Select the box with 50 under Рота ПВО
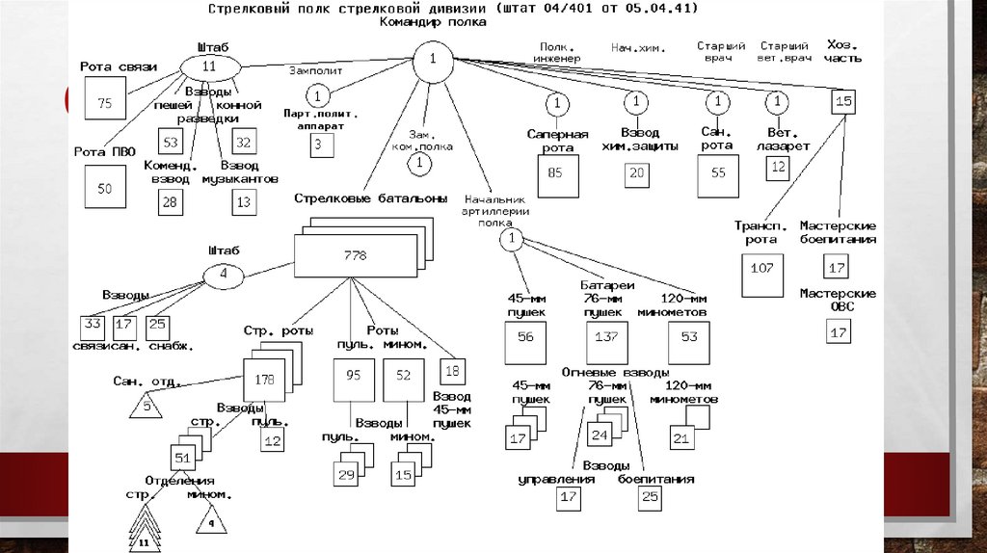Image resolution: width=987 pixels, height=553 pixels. point(105,188)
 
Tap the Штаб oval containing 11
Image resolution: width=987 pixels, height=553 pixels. point(208,66)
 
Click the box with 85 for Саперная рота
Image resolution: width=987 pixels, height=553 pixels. point(555,173)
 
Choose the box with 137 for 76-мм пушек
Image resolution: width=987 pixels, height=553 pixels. point(605,337)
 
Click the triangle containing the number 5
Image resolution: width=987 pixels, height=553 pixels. point(147,405)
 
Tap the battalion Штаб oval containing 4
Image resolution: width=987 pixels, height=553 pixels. point(224,274)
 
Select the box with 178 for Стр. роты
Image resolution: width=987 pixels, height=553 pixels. point(263,380)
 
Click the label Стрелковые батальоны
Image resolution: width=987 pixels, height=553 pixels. point(371,198)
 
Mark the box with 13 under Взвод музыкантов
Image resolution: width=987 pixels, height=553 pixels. point(243,202)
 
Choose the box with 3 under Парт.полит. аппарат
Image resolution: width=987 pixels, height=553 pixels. point(316,145)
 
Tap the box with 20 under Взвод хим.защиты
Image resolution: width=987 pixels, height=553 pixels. point(636,173)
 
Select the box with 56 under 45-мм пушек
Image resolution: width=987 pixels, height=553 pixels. point(525,337)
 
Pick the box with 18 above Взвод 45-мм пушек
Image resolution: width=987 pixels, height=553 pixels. point(451,371)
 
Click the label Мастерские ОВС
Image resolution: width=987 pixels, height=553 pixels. point(838,300)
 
